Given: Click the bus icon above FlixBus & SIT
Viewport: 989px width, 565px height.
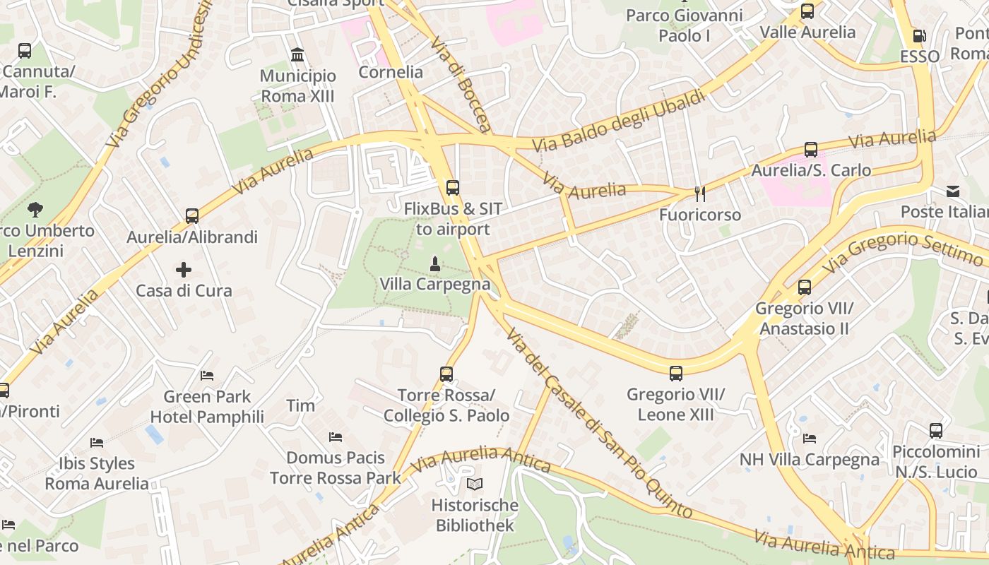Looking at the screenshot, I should [x=453, y=188].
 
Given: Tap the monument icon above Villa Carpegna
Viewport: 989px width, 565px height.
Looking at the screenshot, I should [x=435, y=264].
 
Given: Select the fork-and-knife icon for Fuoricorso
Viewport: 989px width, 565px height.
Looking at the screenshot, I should [x=700, y=194].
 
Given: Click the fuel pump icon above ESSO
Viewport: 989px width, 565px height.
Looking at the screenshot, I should [x=919, y=36].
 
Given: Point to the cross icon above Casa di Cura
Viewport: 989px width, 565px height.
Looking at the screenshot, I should [x=184, y=270].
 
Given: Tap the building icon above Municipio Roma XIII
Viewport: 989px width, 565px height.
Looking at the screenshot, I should [x=297, y=55].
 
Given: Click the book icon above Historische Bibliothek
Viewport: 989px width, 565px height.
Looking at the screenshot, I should [x=475, y=484].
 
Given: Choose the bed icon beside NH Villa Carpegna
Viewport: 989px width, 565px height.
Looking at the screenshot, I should [x=810, y=439].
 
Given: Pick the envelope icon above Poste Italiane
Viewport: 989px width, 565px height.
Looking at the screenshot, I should [x=953, y=191].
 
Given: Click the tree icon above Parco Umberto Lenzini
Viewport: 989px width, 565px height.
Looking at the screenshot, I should [x=35, y=210].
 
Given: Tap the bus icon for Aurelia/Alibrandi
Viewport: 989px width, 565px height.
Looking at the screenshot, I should [x=192, y=216].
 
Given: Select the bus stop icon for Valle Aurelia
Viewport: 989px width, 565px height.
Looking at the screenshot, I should [x=807, y=11].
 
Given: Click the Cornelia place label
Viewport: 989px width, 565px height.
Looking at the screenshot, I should [x=391, y=72].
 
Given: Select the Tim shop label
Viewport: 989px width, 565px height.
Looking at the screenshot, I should [x=300, y=405].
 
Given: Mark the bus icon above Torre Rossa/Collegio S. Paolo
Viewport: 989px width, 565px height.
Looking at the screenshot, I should [x=446, y=374].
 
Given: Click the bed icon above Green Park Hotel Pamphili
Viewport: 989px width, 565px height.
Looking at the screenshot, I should [x=207, y=376].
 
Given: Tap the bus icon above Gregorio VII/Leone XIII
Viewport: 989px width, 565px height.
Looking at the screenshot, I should [x=676, y=374].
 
